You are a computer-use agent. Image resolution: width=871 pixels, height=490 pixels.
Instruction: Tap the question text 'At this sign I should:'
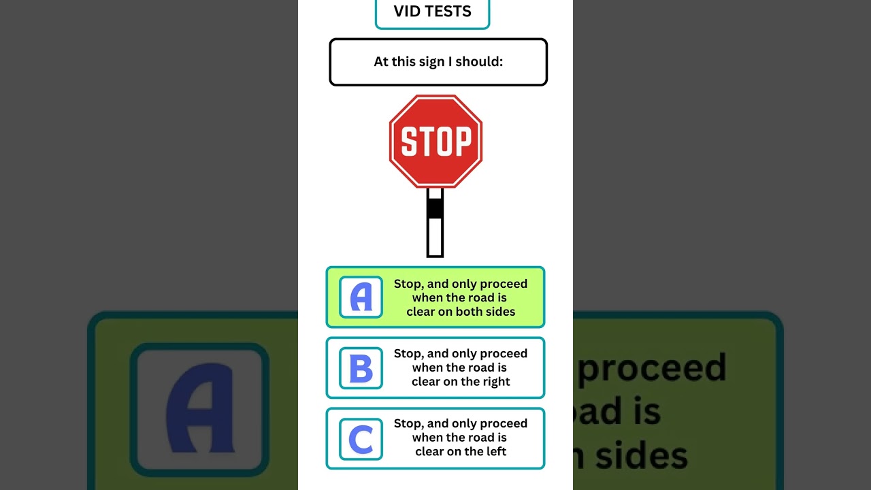click(x=438, y=62)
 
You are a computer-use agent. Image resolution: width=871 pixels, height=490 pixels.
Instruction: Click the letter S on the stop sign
click(x=408, y=142)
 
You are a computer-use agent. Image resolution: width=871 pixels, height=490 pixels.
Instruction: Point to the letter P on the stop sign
click(x=462, y=142)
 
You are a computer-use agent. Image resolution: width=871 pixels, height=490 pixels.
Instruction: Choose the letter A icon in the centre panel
click(x=361, y=297)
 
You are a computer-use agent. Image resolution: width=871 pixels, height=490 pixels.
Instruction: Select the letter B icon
click(x=361, y=368)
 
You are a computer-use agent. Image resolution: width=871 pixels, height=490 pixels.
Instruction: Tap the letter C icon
click(x=361, y=439)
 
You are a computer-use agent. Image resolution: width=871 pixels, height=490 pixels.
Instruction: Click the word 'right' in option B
click(x=495, y=382)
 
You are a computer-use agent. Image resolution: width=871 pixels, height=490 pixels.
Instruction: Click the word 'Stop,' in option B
click(x=408, y=354)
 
